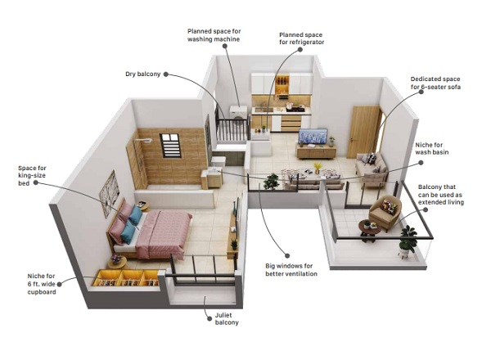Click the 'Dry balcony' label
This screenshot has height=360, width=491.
(142, 74)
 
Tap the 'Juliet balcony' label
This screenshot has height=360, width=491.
(227, 319)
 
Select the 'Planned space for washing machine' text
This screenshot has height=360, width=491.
(214, 35)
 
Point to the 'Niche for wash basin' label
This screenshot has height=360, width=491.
(432, 149)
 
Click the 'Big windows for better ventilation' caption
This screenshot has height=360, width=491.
(291, 270)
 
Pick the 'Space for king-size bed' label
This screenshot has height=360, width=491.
(32, 176)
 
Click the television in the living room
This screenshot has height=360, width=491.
(313, 136)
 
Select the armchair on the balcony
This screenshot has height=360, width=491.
(385, 213)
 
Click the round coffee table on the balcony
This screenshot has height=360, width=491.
(370, 230)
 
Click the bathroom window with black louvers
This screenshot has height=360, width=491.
(170, 146)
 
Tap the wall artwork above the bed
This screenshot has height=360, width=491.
(110, 194)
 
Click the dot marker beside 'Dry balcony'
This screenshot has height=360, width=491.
(166, 74)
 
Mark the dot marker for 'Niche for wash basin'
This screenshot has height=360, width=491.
(421, 163)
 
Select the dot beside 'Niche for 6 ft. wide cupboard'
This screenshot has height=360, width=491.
(59, 284)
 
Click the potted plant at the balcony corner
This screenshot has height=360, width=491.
(408, 240)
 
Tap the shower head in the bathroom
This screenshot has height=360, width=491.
(146, 141)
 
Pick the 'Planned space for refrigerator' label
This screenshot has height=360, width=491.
(301, 38)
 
